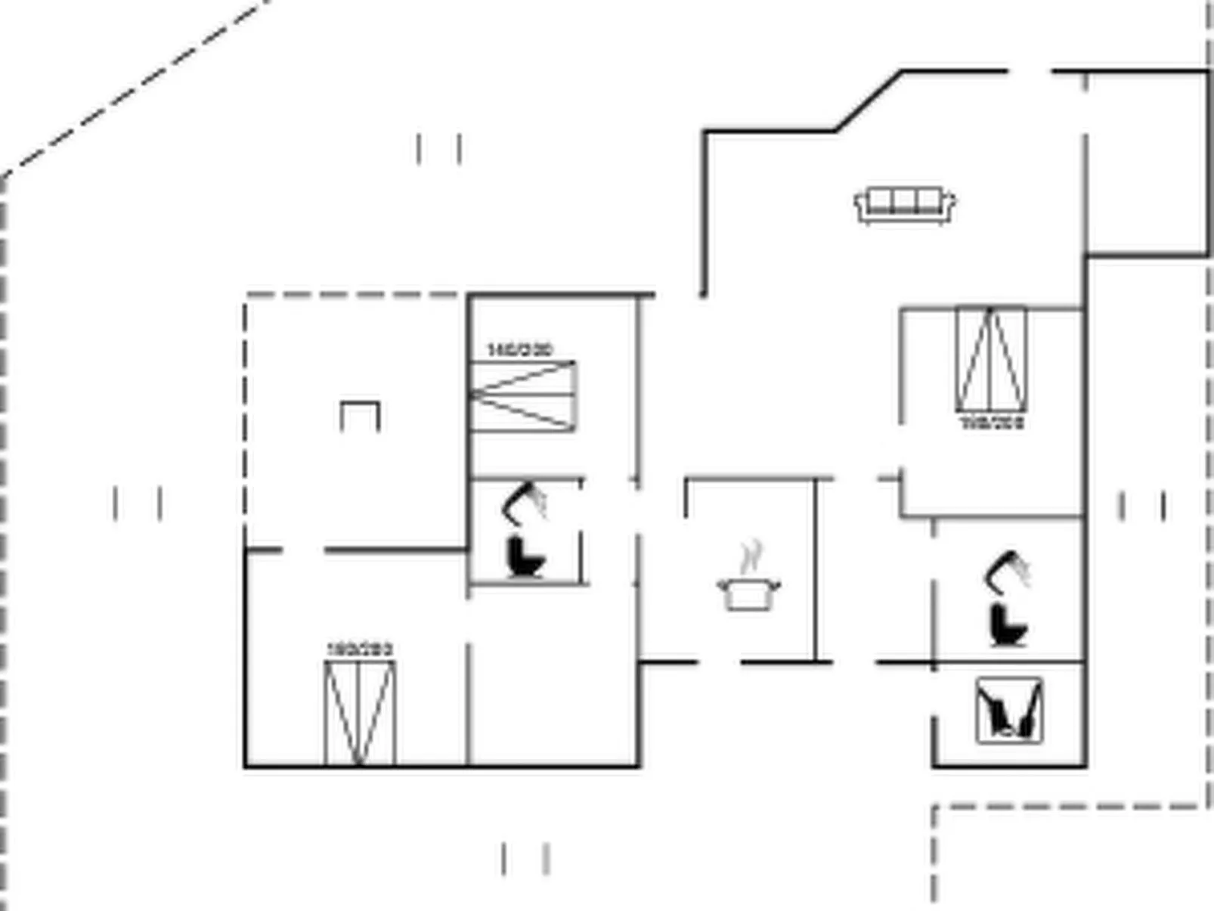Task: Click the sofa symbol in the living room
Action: pos(905,205)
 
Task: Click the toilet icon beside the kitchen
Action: pos(1009,624)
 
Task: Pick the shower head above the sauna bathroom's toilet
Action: pos(1009,571)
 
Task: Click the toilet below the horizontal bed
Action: pos(525,558)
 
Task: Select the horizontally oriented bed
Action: pos(522,396)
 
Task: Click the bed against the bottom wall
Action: pos(360,713)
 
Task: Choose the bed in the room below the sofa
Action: pos(991,360)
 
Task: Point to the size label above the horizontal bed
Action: pos(520,350)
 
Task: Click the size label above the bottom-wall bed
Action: pos(360,649)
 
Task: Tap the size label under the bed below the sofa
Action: pos(992,423)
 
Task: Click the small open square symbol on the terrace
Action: pos(360,416)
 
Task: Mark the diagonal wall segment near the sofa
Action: pos(869,101)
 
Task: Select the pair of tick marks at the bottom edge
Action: pos(525,860)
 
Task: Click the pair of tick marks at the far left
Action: pos(137,504)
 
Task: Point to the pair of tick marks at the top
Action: pos(439,149)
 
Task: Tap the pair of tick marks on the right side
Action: pos(1141,507)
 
